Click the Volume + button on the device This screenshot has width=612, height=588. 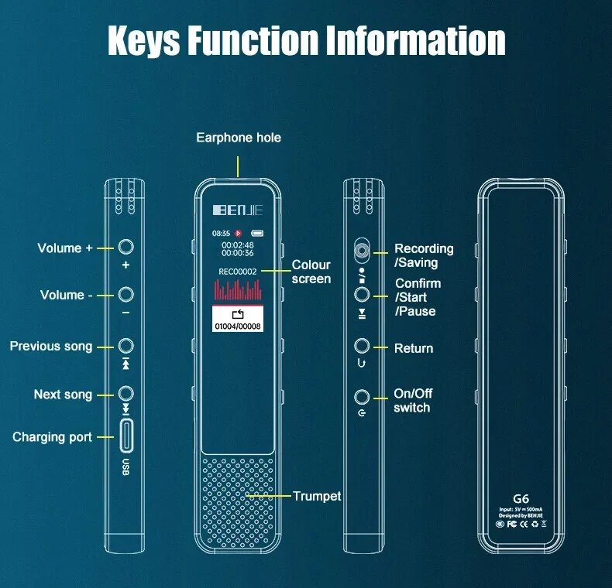pos(125,247)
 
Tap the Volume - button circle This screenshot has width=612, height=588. pos(125,294)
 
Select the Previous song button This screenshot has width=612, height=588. pos(125,345)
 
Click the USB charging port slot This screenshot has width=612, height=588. pos(125,436)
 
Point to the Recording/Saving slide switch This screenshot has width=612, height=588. pos(361,250)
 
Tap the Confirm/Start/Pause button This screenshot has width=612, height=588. pos(361,294)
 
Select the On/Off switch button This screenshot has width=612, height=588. pos(361,398)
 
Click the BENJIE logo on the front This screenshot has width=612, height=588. pos(238,209)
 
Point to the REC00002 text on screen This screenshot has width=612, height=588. pos(238,272)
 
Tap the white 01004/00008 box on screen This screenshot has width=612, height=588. pos(238,319)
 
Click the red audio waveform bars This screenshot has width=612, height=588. pos(238,290)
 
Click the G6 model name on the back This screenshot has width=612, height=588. pos(521,499)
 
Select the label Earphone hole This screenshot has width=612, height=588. pos(238,138)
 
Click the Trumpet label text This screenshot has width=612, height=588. pos(317,496)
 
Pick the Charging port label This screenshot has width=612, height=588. pos(52,437)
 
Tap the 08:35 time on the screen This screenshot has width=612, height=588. pos(221,232)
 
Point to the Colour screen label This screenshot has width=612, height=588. pos(311,272)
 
